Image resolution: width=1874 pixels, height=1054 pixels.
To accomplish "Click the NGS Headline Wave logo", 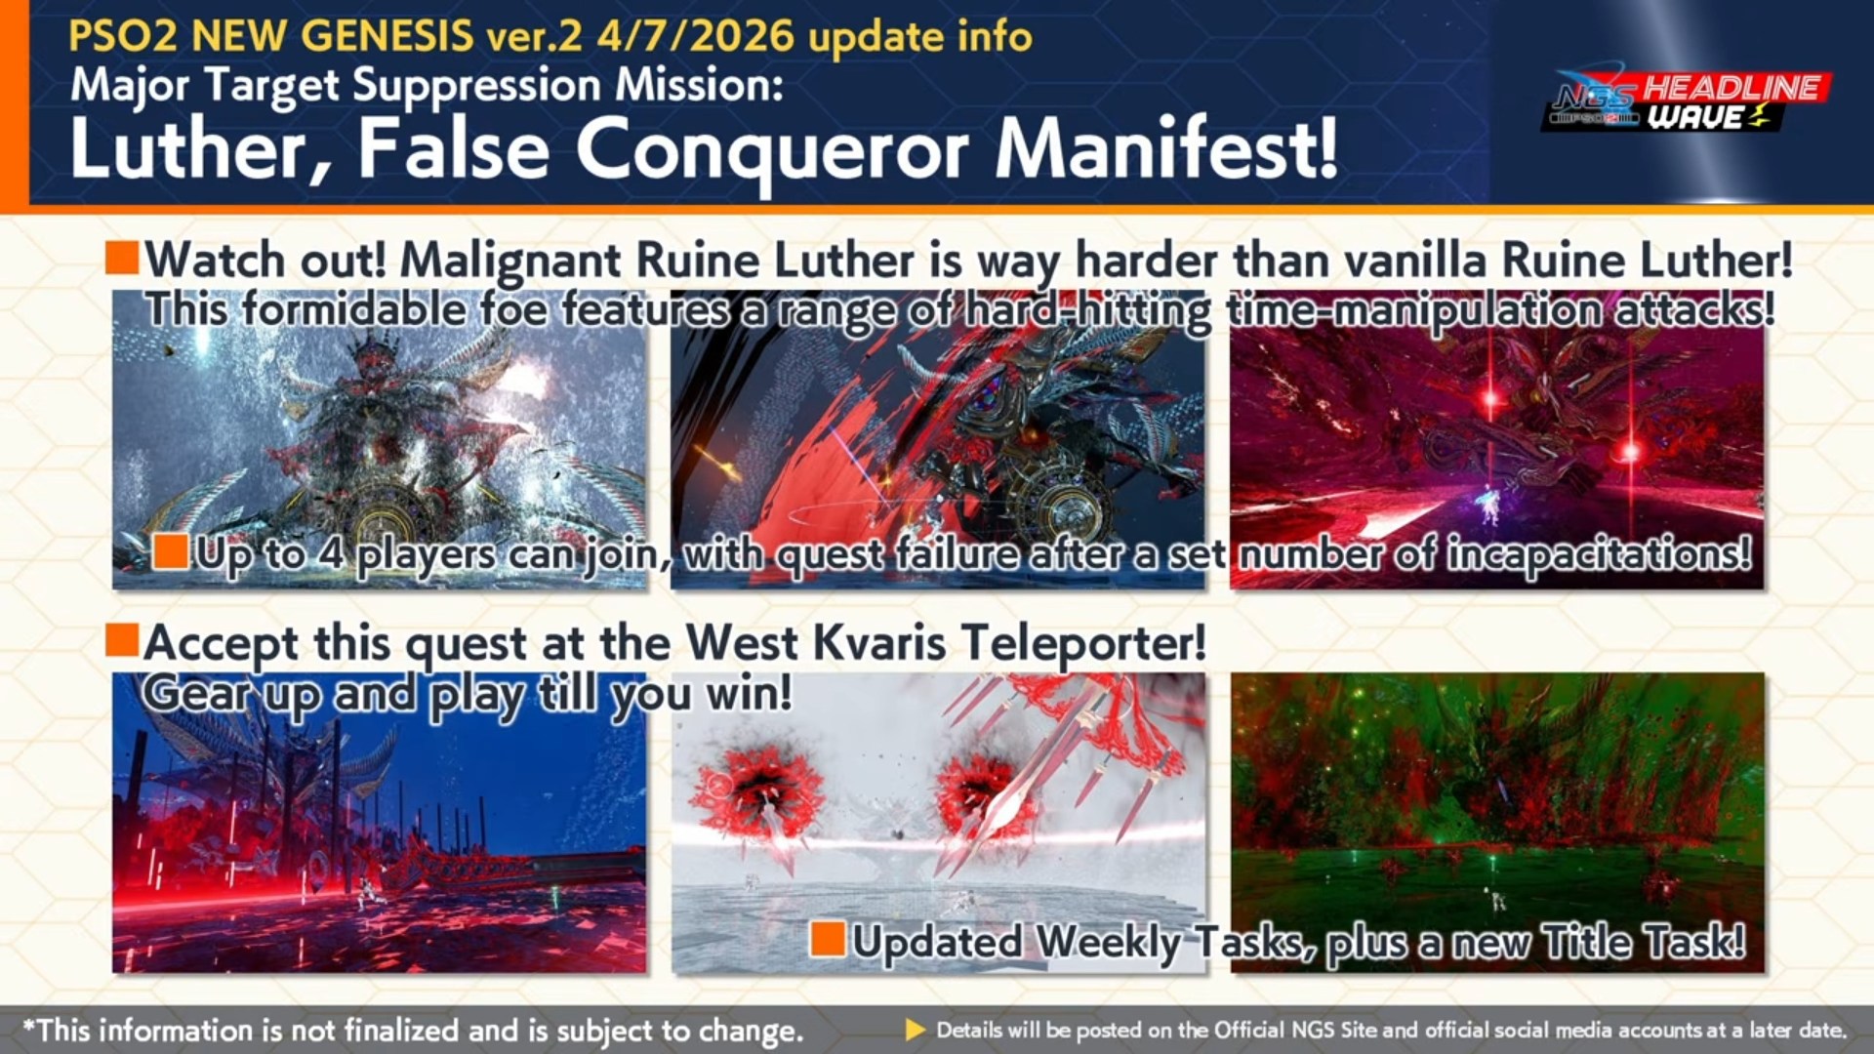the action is pyautogui.click(x=1687, y=101).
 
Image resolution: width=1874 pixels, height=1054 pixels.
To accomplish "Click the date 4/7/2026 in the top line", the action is pyautogui.click(x=696, y=36).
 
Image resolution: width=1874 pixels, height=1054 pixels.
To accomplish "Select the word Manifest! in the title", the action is pyautogui.click(x=1165, y=148).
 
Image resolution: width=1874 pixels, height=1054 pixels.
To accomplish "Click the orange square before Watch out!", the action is pyautogui.click(x=122, y=258).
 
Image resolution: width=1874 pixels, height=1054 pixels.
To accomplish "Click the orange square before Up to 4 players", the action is pyautogui.click(x=171, y=551).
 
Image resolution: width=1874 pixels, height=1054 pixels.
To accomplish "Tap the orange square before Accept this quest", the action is pyautogui.click(x=122, y=640).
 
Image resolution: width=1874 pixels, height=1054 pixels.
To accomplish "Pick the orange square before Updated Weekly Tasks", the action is pyautogui.click(x=828, y=939).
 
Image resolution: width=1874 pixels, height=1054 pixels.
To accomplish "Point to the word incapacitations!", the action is pyautogui.click(x=1599, y=554).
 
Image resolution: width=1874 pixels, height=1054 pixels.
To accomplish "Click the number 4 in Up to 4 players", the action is pyautogui.click(x=332, y=554).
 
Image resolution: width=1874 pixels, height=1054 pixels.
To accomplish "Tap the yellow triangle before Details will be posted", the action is pyautogui.click(x=916, y=1030).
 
